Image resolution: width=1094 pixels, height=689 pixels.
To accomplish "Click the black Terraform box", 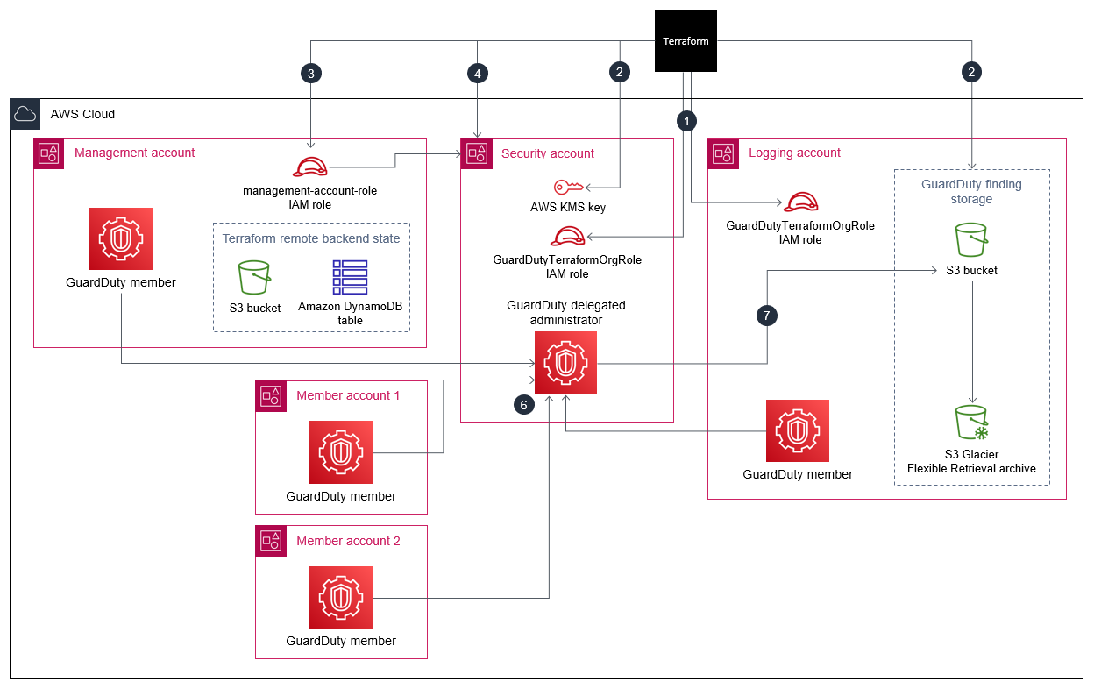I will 686,40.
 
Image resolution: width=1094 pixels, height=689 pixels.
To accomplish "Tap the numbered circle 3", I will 310,74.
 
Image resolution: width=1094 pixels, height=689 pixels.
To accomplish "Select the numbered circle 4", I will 477,74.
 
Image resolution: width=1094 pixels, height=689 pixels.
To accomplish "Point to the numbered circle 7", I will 767,316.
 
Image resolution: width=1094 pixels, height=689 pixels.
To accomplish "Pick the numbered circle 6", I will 523,405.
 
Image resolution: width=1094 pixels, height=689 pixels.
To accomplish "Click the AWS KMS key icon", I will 567,187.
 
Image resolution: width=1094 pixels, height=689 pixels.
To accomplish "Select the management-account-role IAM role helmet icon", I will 309,167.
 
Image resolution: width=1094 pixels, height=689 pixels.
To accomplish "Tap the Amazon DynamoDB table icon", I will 350,277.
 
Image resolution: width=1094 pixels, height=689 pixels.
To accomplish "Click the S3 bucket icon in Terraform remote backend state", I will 255,277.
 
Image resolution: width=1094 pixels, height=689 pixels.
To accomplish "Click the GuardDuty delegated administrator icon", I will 565,363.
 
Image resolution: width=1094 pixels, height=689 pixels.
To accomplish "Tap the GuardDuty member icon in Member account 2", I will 341,597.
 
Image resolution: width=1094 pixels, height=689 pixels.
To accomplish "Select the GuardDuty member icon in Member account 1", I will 341,452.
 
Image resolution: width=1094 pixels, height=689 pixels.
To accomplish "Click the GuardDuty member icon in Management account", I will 121,238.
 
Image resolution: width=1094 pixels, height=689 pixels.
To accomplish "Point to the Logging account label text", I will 794,153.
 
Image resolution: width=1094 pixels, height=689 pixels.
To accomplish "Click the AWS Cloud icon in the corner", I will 25,114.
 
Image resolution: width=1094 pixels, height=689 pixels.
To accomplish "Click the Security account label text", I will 548,153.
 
